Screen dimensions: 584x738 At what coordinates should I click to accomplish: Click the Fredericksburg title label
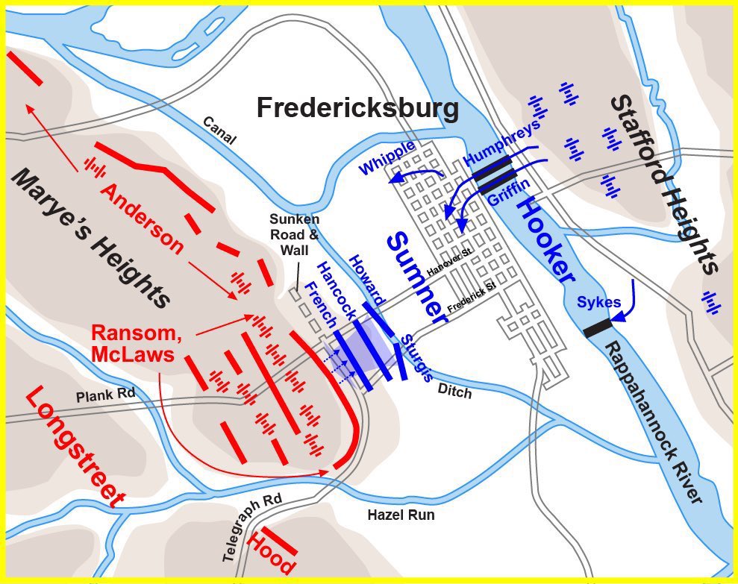pyautogui.click(x=357, y=108)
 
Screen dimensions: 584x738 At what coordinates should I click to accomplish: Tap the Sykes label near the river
pyautogui.click(x=598, y=302)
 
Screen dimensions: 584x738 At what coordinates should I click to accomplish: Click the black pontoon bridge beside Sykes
pyautogui.click(x=598, y=327)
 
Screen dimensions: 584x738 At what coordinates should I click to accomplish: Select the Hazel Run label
pyautogui.click(x=401, y=515)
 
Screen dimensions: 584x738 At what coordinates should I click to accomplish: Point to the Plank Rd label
pyautogui.click(x=101, y=395)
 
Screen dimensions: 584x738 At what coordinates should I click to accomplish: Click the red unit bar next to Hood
pyautogui.click(x=279, y=541)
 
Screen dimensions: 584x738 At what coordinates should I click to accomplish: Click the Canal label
pyautogui.click(x=219, y=131)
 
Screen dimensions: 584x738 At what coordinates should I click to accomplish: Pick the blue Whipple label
pyautogui.click(x=387, y=157)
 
